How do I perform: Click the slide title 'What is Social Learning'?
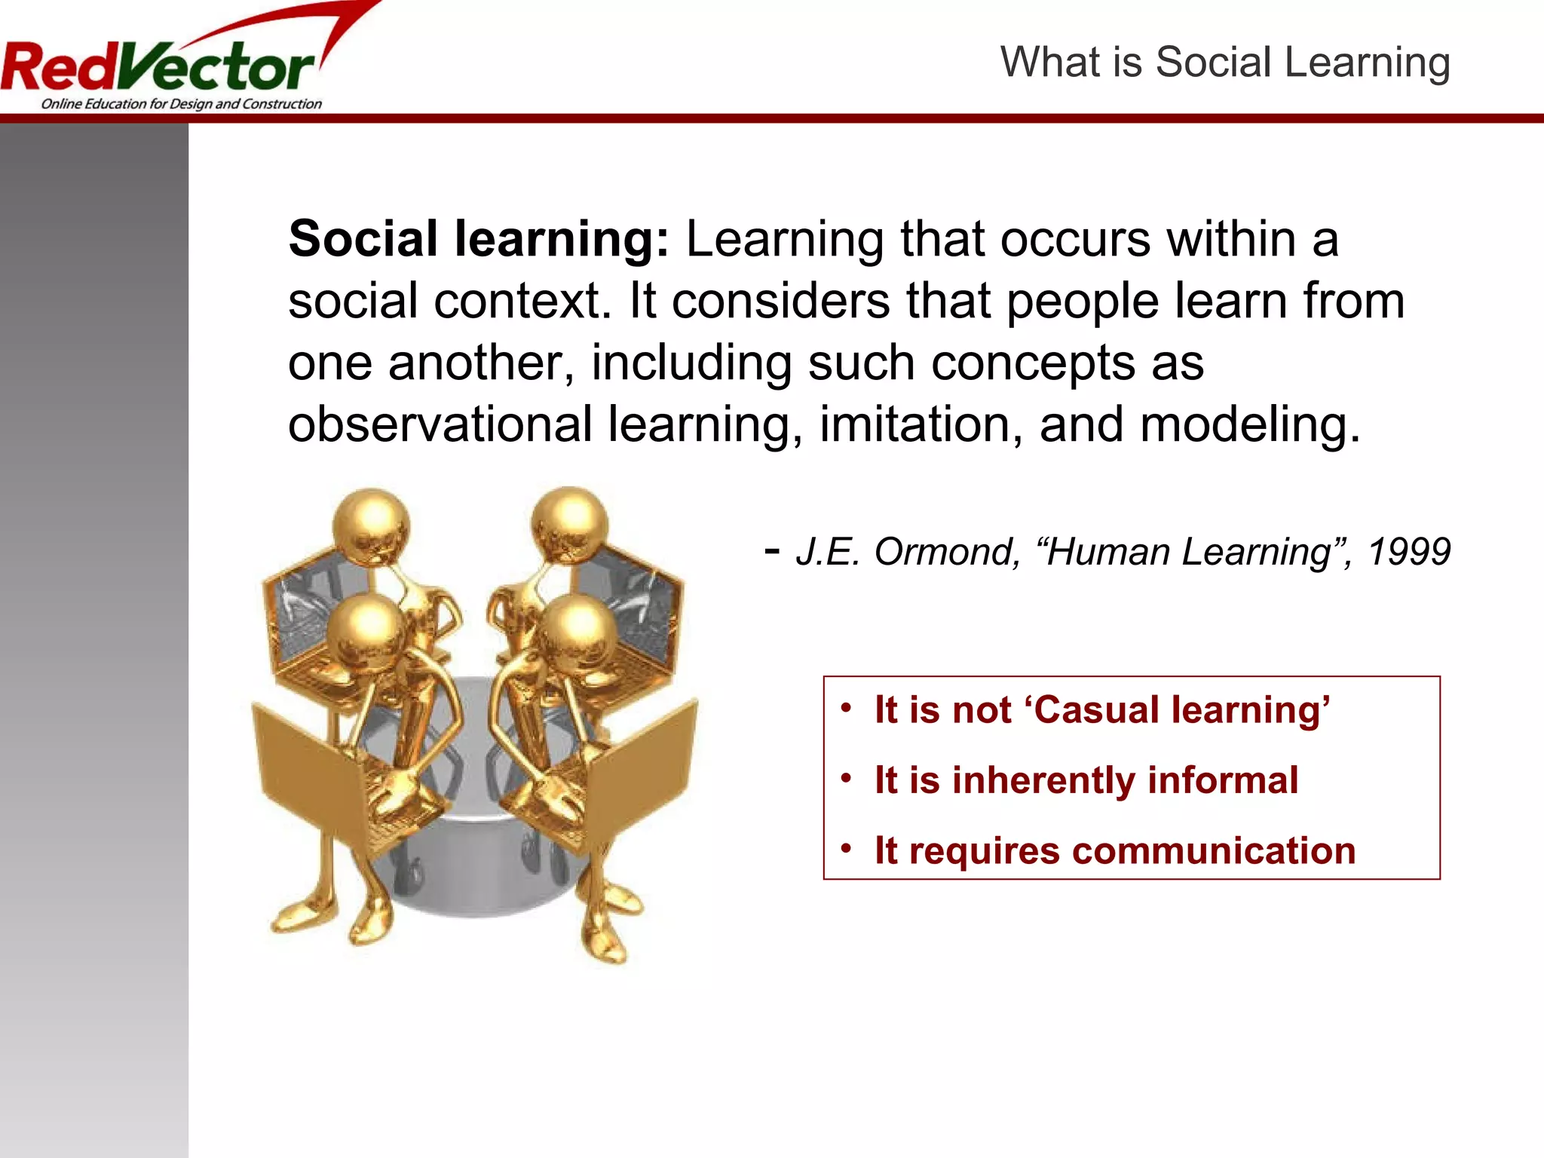click(1224, 62)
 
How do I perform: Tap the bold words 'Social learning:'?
click(478, 239)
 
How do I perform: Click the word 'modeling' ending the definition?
click(1248, 424)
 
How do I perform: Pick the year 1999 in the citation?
click(1408, 552)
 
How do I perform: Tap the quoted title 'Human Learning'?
click(1188, 552)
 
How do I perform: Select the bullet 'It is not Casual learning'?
click(1101, 710)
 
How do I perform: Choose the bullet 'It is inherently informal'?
click(1086, 780)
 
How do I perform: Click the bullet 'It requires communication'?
click(1114, 850)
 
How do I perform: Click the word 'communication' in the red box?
click(1214, 850)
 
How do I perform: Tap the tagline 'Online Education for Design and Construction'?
click(181, 104)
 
